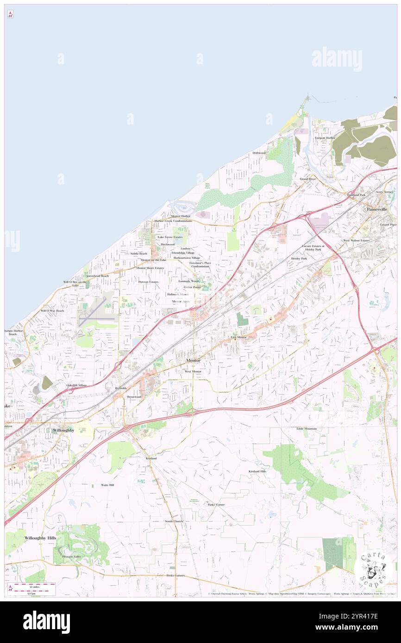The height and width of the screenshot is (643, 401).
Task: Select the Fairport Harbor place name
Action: click(x=325, y=138)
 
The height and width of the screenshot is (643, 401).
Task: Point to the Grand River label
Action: click(x=307, y=179)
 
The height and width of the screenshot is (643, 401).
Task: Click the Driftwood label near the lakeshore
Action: click(x=259, y=153)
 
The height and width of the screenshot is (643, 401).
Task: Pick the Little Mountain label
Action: click(x=307, y=429)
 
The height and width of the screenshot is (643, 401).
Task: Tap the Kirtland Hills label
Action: click(x=257, y=471)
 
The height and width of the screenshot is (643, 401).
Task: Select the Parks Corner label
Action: click(x=216, y=504)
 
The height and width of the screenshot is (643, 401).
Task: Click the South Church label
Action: click(x=174, y=521)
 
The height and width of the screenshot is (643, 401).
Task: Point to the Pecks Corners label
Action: click(x=175, y=575)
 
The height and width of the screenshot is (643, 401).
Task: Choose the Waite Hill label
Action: click(x=107, y=485)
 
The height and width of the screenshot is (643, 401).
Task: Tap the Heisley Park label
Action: click(x=299, y=258)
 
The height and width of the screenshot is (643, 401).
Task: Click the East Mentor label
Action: click(x=239, y=337)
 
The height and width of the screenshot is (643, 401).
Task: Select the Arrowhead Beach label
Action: click(x=97, y=276)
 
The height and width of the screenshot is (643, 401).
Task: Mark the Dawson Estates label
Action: click(x=148, y=281)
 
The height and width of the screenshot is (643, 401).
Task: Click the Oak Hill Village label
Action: click(x=76, y=385)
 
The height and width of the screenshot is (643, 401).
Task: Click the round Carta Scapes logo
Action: click(x=374, y=569)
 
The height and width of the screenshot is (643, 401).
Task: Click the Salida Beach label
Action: click(x=139, y=253)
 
